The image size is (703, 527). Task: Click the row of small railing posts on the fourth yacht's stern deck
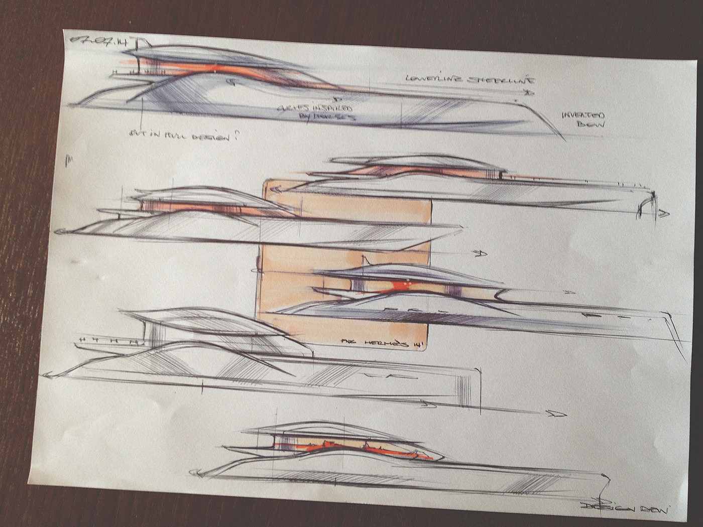point(108,341)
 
